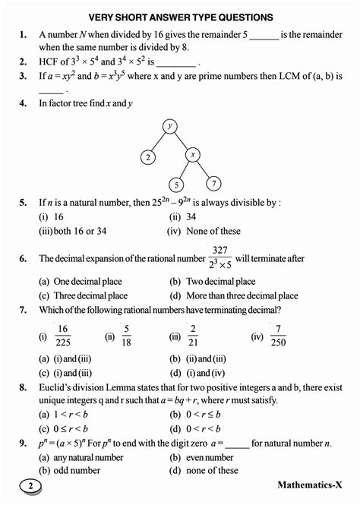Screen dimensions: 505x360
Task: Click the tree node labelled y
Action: [x=170, y=125]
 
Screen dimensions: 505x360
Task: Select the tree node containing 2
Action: [x=147, y=157]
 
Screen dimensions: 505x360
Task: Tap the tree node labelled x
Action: [x=194, y=156]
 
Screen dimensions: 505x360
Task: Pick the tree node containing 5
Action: [x=175, y=185]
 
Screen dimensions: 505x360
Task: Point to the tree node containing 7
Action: [x=215, y=183]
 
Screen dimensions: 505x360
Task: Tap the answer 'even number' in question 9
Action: [x=210, y=457]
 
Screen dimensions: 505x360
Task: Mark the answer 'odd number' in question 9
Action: [x=74, y=470]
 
